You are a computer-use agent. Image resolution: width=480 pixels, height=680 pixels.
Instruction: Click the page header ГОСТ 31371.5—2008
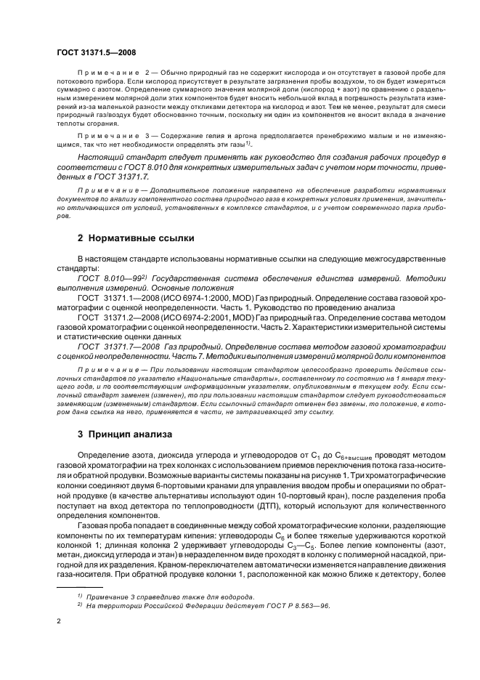tap(97, 52)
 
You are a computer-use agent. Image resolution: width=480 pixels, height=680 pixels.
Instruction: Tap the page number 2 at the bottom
tap(58, 622)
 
